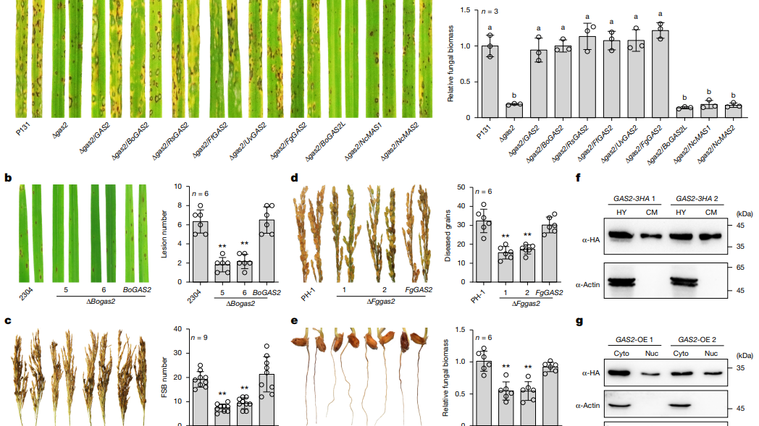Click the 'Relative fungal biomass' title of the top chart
451,64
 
